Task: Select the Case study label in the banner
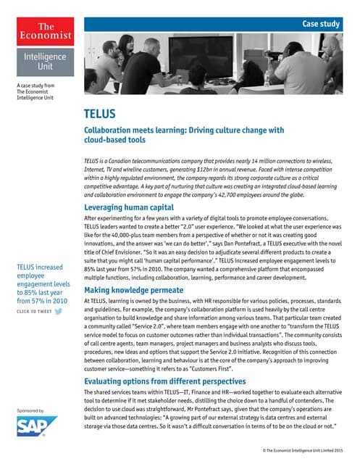pyautogui.click(x=320, y=24)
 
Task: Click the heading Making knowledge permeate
pyautogui.click(x=133, y=289)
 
